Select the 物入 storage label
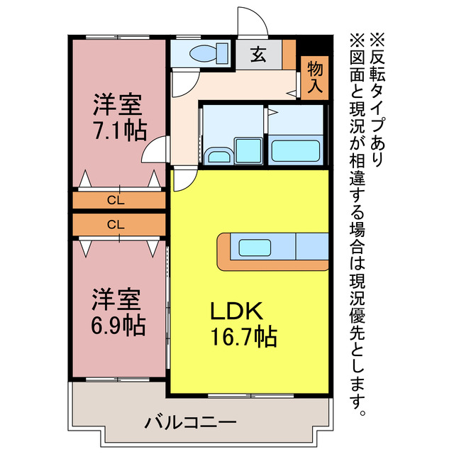pyautogui.click(x=316, y=77)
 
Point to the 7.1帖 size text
pyautogui.click(x=119, y=131)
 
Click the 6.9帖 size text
pyautogui.click(x=118, y=324)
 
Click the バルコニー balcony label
pyautogui.click(x=191, y=423)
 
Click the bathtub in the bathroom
pyautogui.click(x=297, y=150)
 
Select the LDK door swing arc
pyautogui.click(x=182, y=180)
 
